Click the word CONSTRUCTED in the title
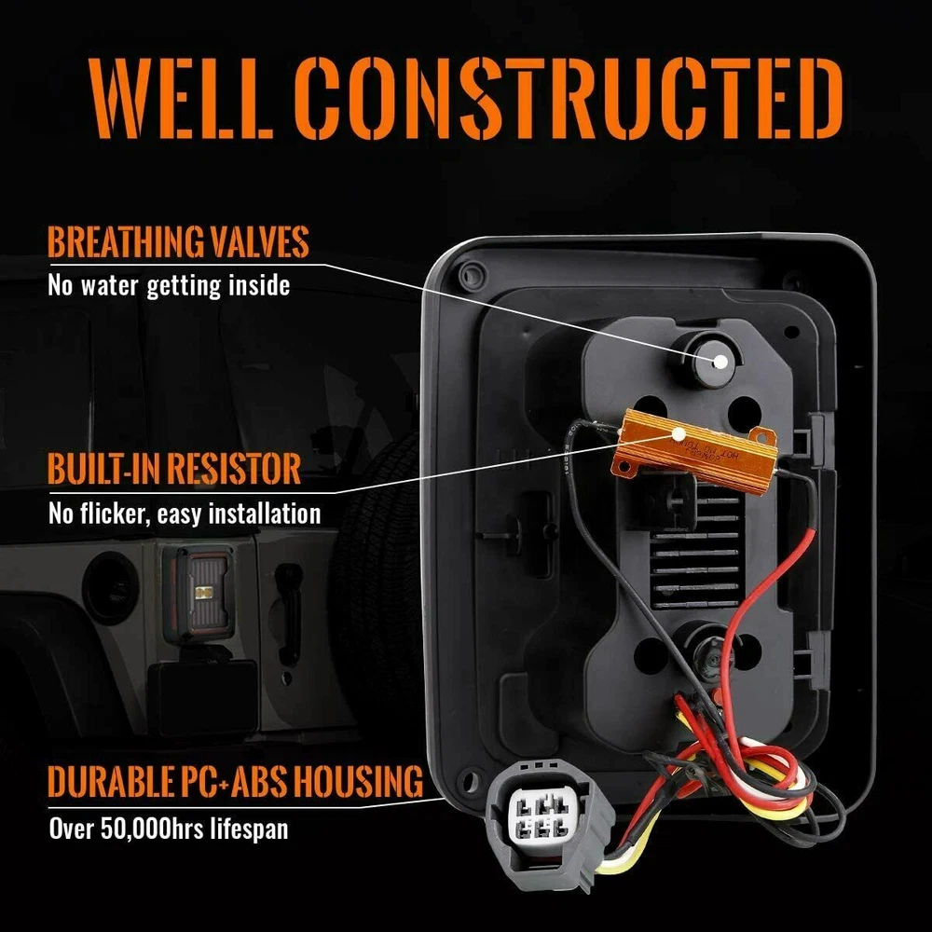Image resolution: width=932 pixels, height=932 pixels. pyautogui.click(x=569, y=98)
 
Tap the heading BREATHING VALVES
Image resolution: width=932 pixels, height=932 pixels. pyautogui.click(x=178, y=242)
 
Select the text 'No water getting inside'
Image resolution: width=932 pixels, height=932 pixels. pyautogui.click(x=169, y=285)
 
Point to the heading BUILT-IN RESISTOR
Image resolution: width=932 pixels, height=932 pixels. pyautogui.click(x=174, y=469)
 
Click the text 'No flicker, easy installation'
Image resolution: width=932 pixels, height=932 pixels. pyautogui.click(x=185, y=514)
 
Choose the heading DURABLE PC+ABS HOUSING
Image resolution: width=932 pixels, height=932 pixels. pyautogui.click(x=235, y=781)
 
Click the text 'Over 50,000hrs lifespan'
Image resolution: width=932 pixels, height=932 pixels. pyautogui.click(x=168, y=828)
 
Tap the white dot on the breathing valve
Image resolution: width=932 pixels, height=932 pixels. pyautogui.click(x=720, y=362)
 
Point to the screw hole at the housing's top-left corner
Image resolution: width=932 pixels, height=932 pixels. pyautogui.click(x=472, y=276)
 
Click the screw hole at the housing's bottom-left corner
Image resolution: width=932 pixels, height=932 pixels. pyautogui.click(x=470, y=780)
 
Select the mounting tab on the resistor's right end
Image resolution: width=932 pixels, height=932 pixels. pyautogui.click(x=763, y=437)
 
